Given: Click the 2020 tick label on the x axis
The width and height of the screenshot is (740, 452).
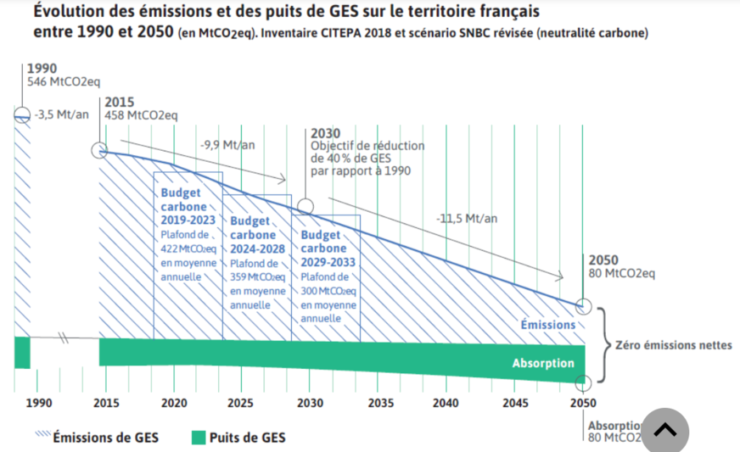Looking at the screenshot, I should coord(173,403).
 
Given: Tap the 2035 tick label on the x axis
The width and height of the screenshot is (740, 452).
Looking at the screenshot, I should coord(378,403).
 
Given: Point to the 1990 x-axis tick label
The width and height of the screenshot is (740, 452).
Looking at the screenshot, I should coord(39,403).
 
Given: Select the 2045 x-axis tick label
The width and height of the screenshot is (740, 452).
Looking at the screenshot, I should coord(514,403).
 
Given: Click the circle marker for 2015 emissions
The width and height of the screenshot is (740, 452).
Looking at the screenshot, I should coord(99,151).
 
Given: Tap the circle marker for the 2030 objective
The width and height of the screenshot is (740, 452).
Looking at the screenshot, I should coord(305,205).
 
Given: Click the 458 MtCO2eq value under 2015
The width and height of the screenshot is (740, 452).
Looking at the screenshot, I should coord(141,115).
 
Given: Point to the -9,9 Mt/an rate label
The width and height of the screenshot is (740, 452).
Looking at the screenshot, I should coord(227,145).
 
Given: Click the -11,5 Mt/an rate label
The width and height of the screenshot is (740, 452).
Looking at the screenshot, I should coord(467,219).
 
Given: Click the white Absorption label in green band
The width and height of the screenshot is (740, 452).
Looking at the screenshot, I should coord(542,363).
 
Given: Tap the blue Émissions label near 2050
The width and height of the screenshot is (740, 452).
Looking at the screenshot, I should coord(547,325).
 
